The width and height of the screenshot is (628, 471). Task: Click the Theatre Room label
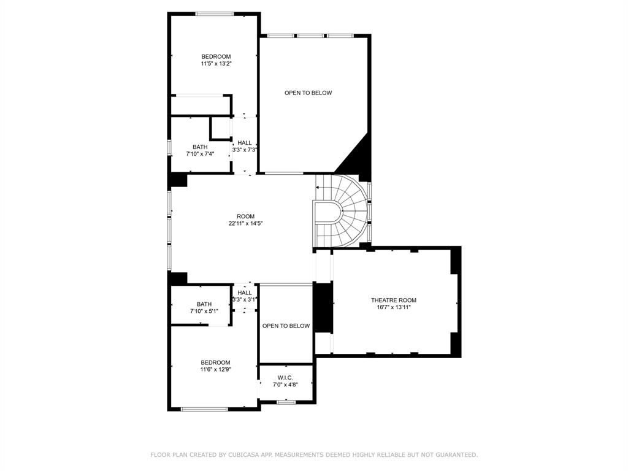[x=393, y=300]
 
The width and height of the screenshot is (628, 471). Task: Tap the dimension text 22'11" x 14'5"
[x=245, y=223]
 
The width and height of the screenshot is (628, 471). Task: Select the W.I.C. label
[x=285, y=377]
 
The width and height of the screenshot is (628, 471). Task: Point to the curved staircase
[x=343, y=212]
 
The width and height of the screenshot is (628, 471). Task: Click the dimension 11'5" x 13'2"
[x=216, y=64]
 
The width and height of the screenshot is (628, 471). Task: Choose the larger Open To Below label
[x=308, y=93]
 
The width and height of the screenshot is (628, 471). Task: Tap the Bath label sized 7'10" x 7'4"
[x=200, y=147]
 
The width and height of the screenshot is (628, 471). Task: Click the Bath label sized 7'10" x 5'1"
[x=204, y=304]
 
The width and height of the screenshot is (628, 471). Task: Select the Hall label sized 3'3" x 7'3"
[x=245, y=142]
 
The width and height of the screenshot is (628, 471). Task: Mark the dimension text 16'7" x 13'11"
[x=393, y=307]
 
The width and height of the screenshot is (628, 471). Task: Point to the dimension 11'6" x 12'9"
[x=215, y=369]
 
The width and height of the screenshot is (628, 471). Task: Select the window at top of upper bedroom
[x=214, y=13]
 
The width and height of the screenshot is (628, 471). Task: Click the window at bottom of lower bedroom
[x=204, y=409]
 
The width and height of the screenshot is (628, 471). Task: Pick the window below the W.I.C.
[x=285, y=402]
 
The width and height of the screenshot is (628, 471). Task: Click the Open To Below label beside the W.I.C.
[x=286, y=326]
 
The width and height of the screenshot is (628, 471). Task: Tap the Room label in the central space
[x=245, y=216]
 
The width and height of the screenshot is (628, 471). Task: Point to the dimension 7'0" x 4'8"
[x=285, y=385]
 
